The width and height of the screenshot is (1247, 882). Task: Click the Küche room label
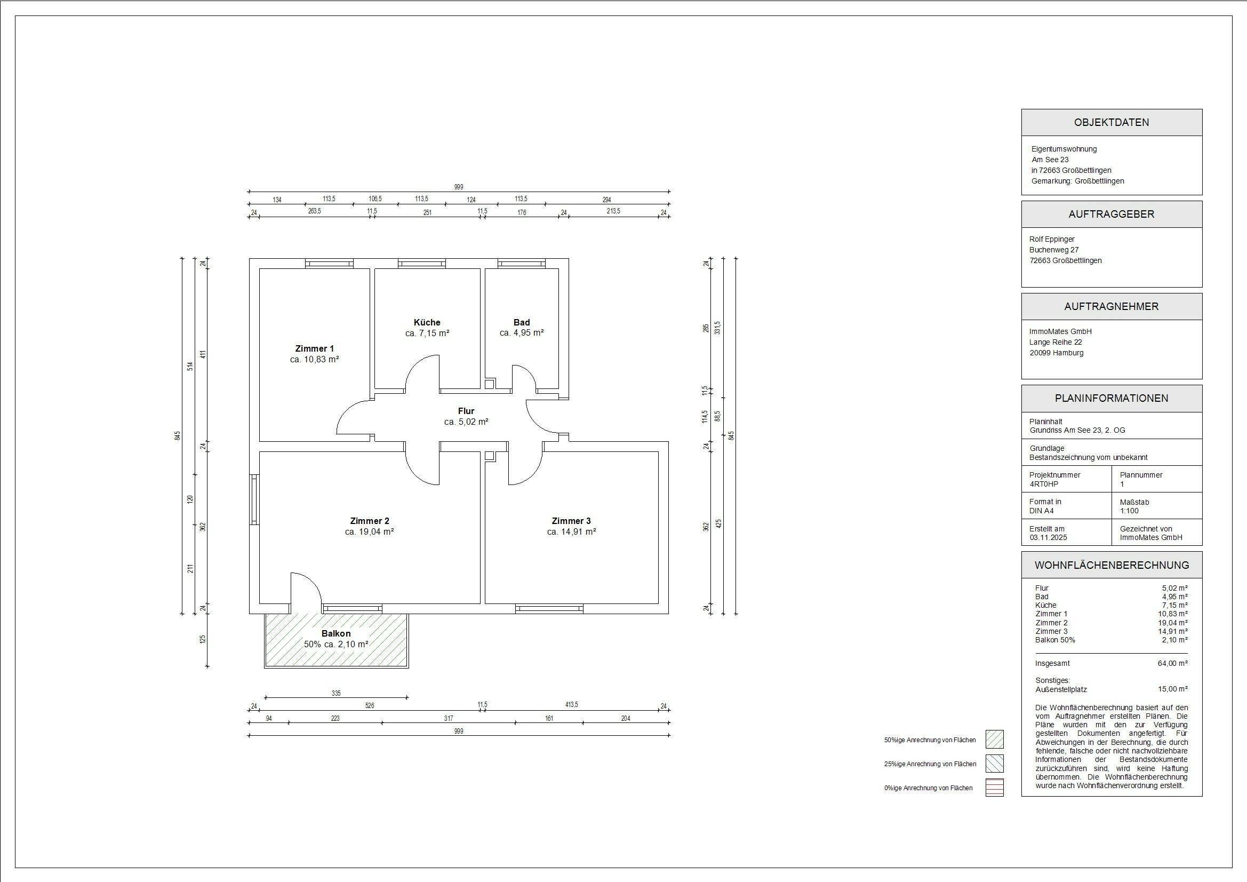[x=427, y=322]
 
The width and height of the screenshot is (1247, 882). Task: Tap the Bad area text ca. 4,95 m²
[x=522, y=332]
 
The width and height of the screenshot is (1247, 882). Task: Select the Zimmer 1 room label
[x=315, y=348]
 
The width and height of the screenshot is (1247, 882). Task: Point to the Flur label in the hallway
[x=466, y=411]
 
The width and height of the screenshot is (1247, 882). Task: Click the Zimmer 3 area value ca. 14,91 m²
[x=571, y=531]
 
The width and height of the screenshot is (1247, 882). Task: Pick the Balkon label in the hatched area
[x=335, y=634]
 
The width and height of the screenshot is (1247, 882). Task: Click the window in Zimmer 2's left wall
[x=254, y=499]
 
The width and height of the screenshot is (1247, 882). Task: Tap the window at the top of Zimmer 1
[x=329, y=264]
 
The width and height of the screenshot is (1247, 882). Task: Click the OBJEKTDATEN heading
[x=1111, y=122]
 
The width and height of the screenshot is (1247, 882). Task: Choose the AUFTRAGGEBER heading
[x=1111, y=214]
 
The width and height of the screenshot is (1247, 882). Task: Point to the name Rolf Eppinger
[x=1051, y=239]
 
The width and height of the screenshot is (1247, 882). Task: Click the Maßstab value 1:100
[x=1129, y=511]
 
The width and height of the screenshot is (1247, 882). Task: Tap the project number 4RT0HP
[x=1043, y=484]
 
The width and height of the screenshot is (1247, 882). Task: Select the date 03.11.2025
[x=1048, y=537]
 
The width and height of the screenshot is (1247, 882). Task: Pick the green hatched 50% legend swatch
[x=994, y=739]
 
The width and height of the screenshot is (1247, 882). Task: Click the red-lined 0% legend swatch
[x=994, y=788]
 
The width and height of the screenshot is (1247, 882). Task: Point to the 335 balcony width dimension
[x=336, y=694]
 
